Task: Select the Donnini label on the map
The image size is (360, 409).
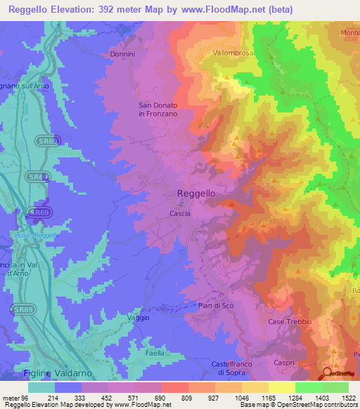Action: (122, 54)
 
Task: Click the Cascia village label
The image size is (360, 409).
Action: (179, 212)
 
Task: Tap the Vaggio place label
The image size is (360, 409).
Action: (138, 318)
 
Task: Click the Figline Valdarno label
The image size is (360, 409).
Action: (61, 372)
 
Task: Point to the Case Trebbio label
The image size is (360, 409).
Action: (285, 322)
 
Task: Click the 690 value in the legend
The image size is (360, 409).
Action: (148, 397)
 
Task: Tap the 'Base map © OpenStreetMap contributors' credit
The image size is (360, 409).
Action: (297, 405)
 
